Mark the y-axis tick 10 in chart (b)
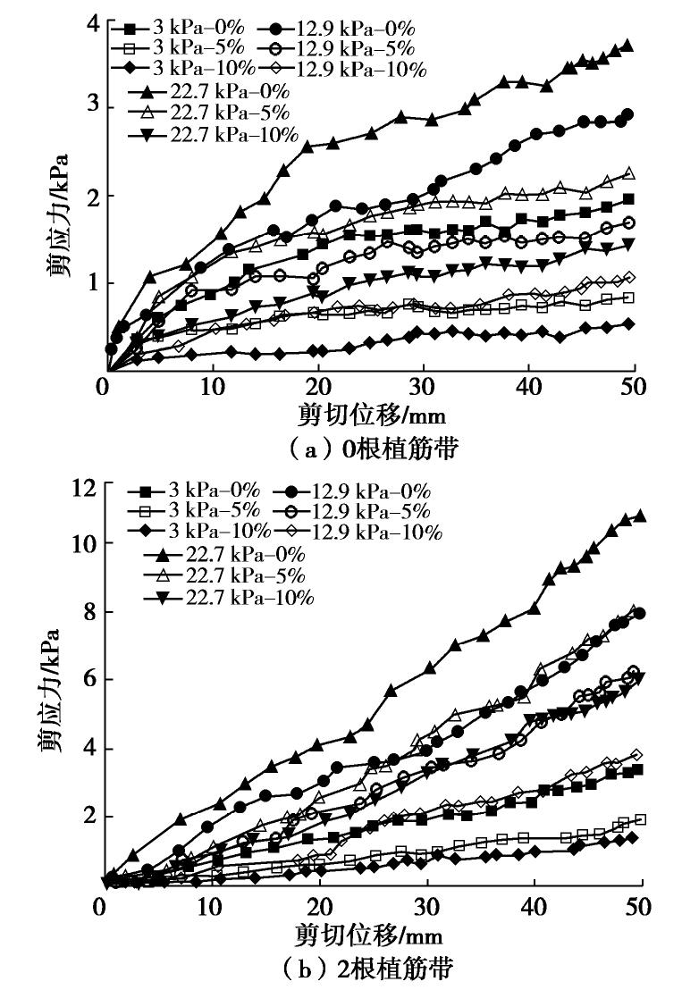(x=85, y=543)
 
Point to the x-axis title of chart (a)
(x=371, y=415)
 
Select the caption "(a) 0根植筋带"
(x=371, y=449)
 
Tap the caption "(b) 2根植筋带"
(x=371, y=969)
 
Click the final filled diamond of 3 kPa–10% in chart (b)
(x=632, y=837)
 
